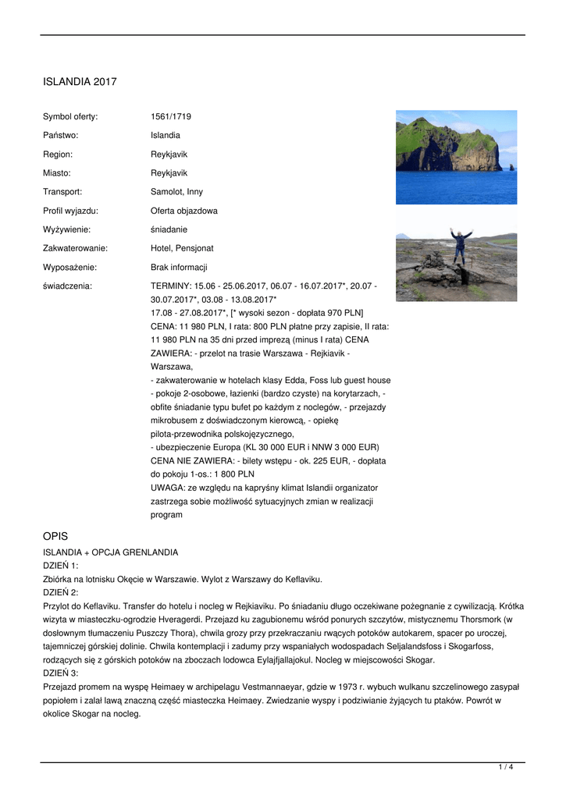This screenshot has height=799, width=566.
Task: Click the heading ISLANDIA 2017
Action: (x=80, y=81)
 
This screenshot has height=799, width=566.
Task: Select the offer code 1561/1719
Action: (x=171, y=117)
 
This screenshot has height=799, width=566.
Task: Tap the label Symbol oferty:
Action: (x=70, y=117)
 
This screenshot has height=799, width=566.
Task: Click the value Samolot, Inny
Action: (x=176, y=192)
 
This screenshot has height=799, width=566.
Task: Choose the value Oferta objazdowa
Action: (x=184, y=211)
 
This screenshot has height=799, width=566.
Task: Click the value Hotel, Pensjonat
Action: (x=182, y=248)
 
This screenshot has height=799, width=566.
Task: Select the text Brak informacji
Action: (x=179, y=267)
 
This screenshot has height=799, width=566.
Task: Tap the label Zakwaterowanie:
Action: (x=75, y=248)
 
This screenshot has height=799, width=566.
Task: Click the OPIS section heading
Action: (x=55, y=536)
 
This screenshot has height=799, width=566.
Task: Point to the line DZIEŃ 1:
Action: (x=60, y=566)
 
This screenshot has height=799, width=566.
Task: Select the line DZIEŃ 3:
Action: (x=60, y=673)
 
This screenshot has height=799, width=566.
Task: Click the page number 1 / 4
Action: (x=506, y=768)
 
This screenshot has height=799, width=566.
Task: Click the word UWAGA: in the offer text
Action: (x=166, y=488)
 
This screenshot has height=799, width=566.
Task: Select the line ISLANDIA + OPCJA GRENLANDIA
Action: (x=110, y=552)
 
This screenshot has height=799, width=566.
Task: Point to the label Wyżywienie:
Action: (x=66, y=229)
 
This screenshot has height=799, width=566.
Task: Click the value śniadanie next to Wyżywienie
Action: (x=169, y=229)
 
